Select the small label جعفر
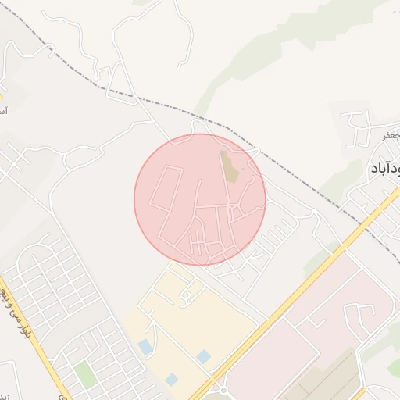391,136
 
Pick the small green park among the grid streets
85,374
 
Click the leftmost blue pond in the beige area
145,345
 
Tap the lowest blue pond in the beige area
171,379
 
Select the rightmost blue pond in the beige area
203,356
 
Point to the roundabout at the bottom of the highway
222,388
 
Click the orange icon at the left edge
2,97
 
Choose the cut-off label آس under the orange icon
4,112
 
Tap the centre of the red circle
200,199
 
